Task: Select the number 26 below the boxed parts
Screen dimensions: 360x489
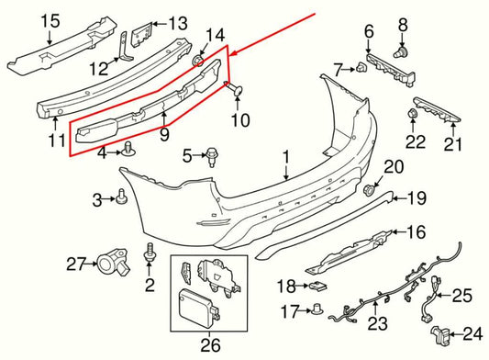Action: (x=212, y=345)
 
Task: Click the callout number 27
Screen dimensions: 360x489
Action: (x=76, y=264)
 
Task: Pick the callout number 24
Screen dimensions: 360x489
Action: (x=472, y=332)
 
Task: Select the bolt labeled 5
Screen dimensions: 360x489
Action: (x=212, y=156)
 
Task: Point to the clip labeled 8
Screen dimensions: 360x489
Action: (x=401, y=53)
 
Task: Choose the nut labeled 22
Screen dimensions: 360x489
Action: (x=412, y=115)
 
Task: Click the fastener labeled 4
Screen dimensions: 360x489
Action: (x=128, y=151)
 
